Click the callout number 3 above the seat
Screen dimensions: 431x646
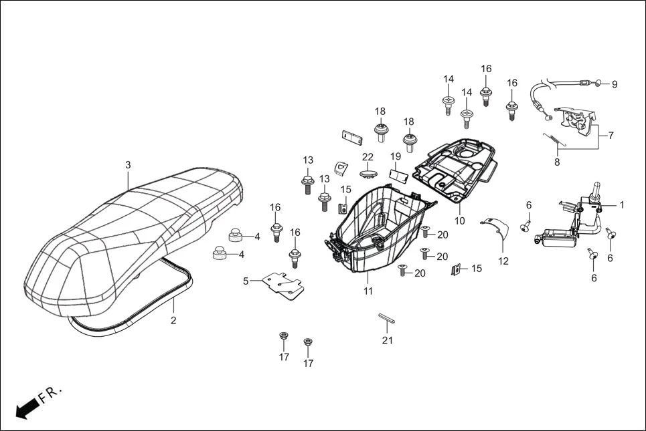tap(128, 165)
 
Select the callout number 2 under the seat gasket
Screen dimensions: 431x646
tap(173, 321)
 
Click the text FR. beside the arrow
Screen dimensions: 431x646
tap(50, 395)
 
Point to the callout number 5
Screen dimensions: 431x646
tap(246, 281)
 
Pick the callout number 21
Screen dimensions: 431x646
tap(388, 341)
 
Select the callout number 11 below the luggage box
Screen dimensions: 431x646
tap(368, 291)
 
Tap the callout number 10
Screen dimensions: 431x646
tap(460, 221)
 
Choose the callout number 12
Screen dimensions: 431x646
tap(503, 261)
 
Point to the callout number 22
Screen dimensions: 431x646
tap(368, 156)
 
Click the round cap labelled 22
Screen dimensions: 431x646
tap(368, 173)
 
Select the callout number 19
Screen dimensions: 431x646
tap(396, 156)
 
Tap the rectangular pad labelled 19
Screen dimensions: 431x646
tap(400, 175)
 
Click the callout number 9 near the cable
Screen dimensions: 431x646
tap(615, 84)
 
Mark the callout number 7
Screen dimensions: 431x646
tap(610, 135)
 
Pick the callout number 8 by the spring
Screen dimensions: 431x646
tap(556, 161)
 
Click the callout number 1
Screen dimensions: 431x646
tap(621, 205)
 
